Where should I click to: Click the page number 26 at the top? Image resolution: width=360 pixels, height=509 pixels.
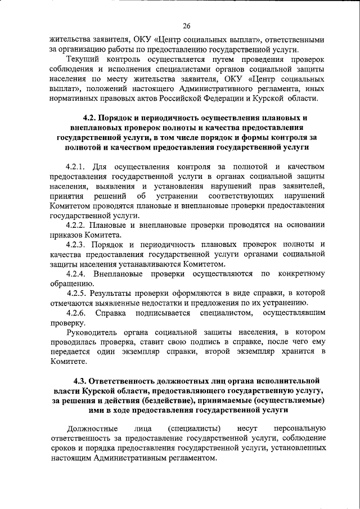click(187, 25)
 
